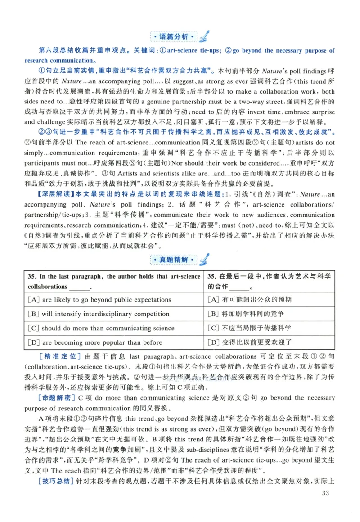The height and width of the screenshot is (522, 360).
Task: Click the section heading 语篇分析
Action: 173,36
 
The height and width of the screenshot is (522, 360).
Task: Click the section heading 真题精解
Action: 173,260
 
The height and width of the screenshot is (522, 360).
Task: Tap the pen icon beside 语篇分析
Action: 204,35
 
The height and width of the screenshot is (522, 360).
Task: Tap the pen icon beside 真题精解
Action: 204,259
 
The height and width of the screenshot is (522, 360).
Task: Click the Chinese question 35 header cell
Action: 269,281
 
